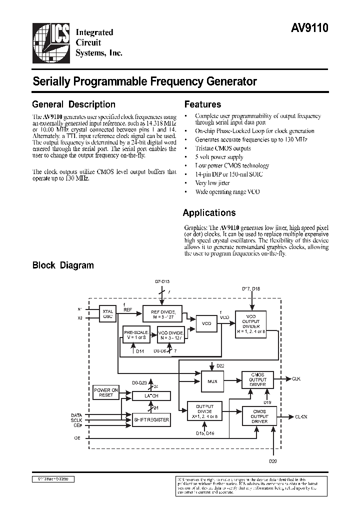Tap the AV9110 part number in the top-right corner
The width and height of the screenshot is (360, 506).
309,28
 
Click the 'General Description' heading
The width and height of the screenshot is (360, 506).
73,104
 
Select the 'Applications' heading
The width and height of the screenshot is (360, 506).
209,212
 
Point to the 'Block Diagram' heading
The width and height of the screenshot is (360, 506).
63,265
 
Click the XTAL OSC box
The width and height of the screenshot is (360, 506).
107,314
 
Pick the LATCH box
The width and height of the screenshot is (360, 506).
151,396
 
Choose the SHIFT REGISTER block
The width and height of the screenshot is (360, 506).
151,419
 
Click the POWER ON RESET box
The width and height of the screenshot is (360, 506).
106,392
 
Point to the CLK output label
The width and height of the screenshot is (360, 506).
295,379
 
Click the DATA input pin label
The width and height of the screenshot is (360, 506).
76,415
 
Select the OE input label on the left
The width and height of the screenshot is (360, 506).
77,437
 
